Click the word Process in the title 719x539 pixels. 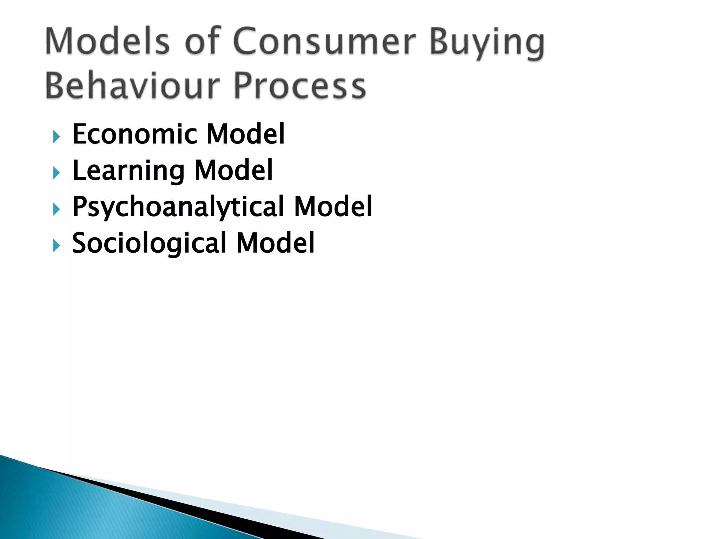coord(300,86)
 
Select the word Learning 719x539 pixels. coord(128,171)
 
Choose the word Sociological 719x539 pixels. coord(149,243)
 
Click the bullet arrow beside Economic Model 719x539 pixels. coord(56,137)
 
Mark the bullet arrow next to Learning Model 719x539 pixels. coord(56,173)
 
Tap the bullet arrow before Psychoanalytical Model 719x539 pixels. coord(56,209)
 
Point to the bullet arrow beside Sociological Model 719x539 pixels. coord(56,246)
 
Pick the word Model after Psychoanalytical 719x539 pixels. coord(333,207)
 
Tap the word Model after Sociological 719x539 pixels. coord(276,243)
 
